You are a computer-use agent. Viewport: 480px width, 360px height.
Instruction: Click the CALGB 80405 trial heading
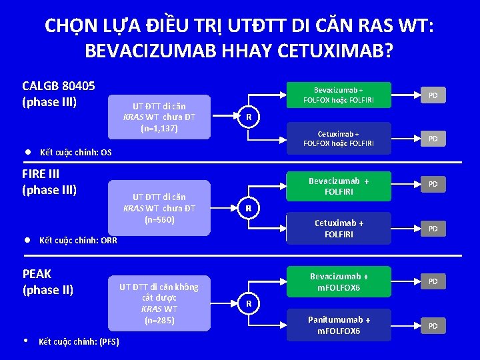tap(59, 94)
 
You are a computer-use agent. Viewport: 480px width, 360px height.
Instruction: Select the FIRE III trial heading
tap(50, 181)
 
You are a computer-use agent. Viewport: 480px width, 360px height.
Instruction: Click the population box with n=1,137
tap(159, 117)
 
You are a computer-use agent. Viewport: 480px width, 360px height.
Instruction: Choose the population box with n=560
tap(159, 208)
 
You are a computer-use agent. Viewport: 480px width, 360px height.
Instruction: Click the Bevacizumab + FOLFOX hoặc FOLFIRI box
tap(338, 95)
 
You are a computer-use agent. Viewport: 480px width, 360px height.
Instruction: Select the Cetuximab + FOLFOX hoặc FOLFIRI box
tap(338, 138)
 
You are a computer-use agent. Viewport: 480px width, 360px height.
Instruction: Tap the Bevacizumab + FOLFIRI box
tap(338, 186)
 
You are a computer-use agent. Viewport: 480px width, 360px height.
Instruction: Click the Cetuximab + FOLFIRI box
tap(338, 228)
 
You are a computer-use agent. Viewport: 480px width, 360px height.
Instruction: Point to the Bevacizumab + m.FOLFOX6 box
tap(338, 281)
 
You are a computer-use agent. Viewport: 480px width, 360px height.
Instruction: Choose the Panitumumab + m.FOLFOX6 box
tap(338, 325)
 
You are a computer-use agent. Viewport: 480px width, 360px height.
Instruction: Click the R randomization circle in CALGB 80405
tap(248, 118)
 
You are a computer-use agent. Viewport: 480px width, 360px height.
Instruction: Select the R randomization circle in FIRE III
tap(248, 208)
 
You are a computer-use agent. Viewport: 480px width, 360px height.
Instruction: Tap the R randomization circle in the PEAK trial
tap(248, 304)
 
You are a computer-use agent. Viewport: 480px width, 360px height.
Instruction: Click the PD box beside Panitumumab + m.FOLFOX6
tap(433, 326)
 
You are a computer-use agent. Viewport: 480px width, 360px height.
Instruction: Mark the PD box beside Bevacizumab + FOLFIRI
tap(433, 183)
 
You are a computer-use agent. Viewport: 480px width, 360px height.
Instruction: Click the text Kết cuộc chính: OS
tap(75, 153)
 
